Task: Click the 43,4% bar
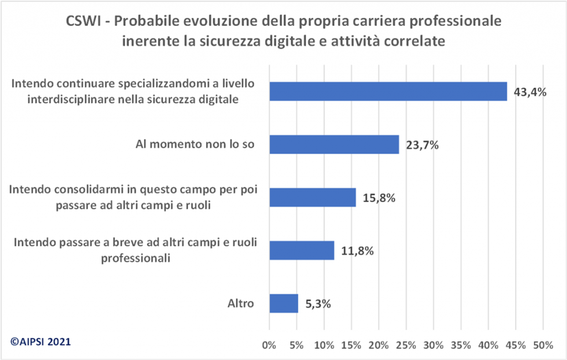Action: pyautogui.click(x=388, y=91)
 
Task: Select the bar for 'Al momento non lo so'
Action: pyautogui.click(x=334, y=145)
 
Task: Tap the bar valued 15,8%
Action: pyautogui.click(x=312, y=197)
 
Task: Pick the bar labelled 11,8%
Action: pyautogui.click(x=301, y=250)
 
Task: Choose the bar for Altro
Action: pyautogui.click(x=283, y=303)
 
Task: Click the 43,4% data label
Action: pyautogui.click(x=530, y=92)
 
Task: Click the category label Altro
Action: pyautogui.click(x=240, y=304)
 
